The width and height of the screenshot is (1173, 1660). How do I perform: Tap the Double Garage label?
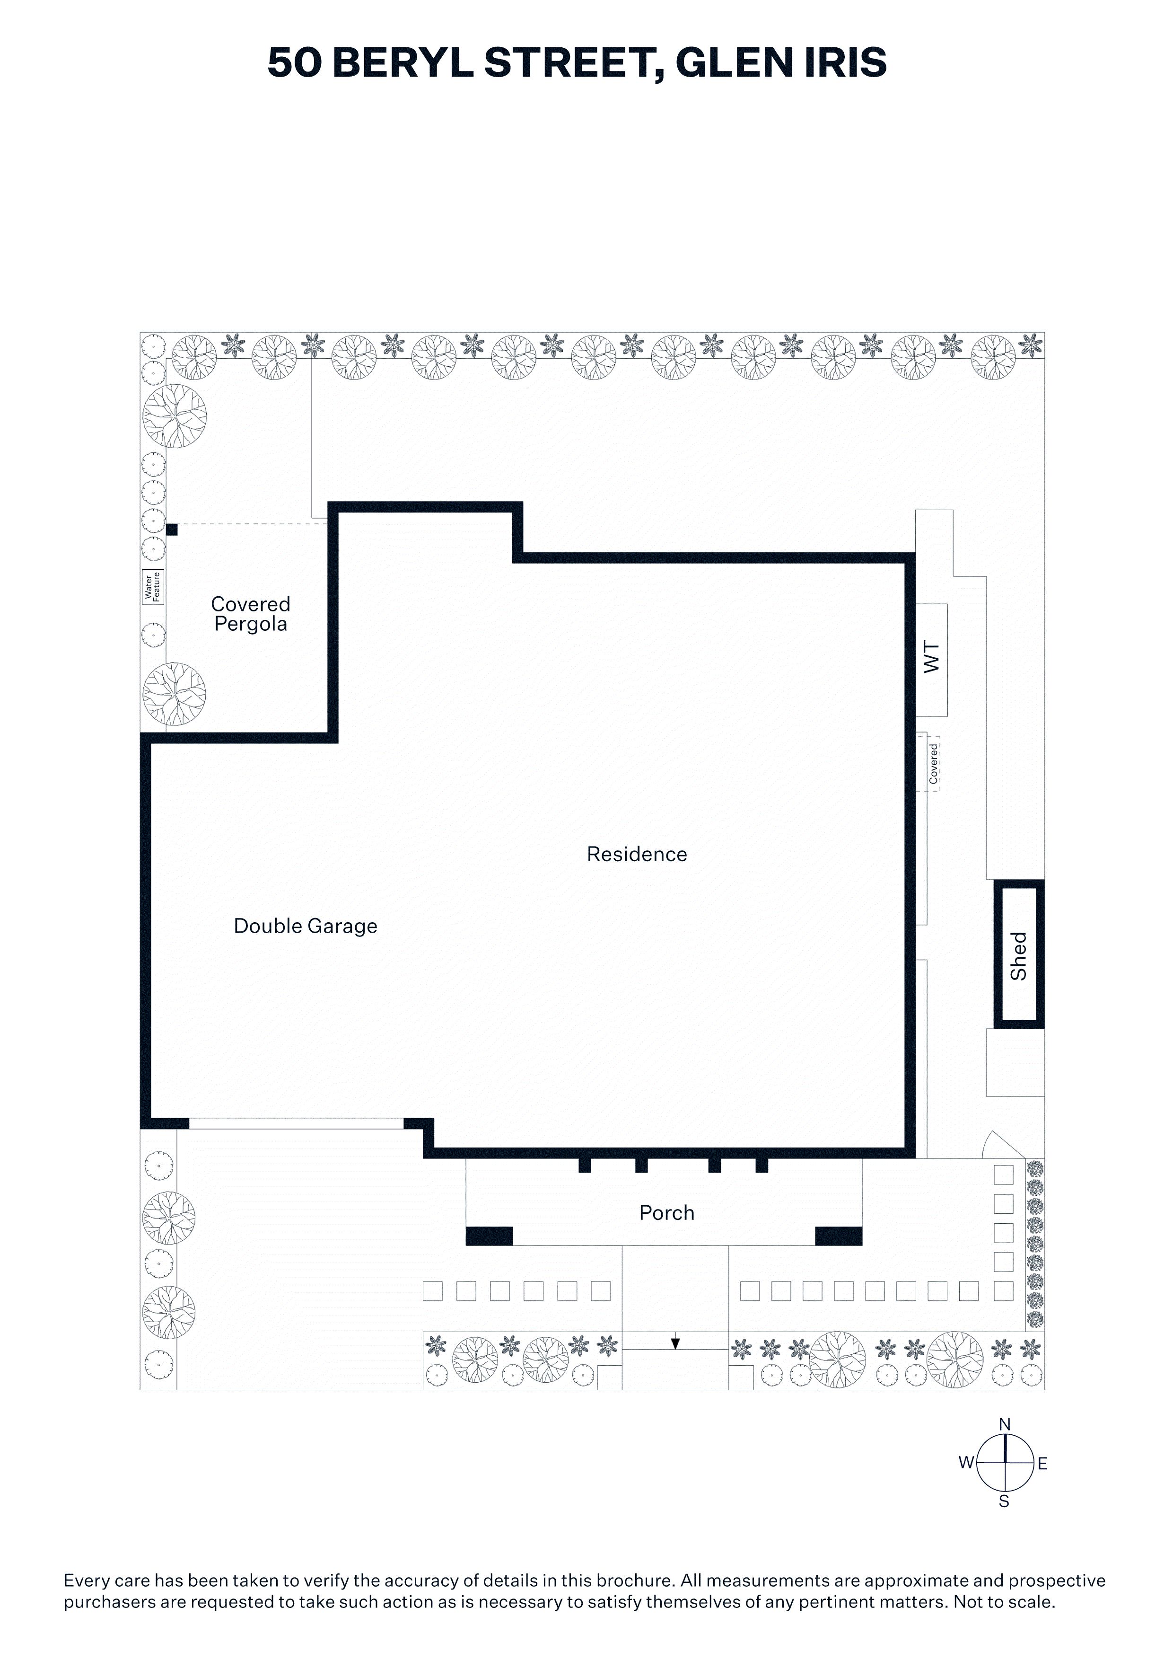tap(305, 926)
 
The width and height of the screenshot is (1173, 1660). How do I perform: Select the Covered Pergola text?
tap(251, 614)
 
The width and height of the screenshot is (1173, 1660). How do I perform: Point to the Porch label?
tap(666, 1212)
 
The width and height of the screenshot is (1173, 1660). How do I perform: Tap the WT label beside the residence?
tap(932, 657)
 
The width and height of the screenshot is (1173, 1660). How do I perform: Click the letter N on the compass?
tap(1005, 1424)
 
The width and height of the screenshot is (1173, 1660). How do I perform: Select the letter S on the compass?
tap(1004, 1501)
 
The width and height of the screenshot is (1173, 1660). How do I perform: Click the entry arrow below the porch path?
tap(675, 1343)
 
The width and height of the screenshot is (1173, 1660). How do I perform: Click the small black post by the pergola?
tap(172, 530)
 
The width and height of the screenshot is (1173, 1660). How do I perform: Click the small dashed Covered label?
tap(933, 763)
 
